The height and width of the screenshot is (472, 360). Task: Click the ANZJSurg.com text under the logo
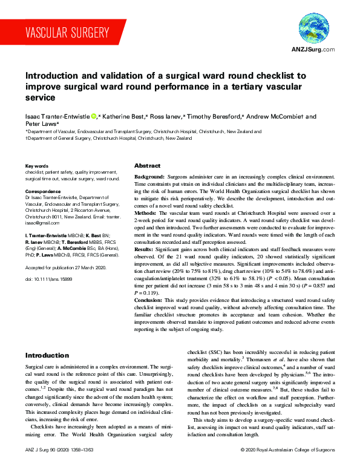[x=313, y=49]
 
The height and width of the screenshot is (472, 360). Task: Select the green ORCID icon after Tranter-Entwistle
[x=93, y=116]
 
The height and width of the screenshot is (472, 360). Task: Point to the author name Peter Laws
[x=41, y=123]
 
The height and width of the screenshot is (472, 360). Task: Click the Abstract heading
[x=147, y=165]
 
